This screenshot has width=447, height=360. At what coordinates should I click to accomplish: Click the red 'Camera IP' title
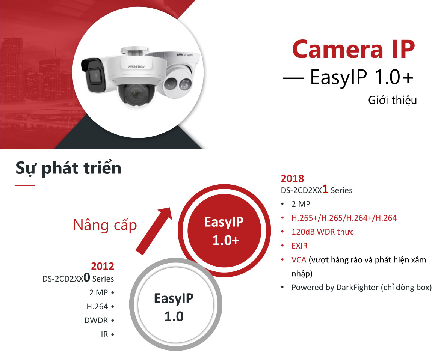353,49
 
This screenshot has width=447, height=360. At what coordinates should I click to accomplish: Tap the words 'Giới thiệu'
392,101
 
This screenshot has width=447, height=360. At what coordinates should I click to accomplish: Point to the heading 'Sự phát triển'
68,168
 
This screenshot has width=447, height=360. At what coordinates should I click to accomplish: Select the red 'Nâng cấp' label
105,225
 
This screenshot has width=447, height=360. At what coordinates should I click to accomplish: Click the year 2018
292,179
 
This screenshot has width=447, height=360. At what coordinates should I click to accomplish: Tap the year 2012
102,266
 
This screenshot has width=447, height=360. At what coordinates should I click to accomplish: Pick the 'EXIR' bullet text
299,246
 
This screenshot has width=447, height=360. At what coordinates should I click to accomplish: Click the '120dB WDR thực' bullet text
322,232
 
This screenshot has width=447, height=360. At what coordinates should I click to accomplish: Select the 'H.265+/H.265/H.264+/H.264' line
344,218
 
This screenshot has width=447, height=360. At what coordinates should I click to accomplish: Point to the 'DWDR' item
96,321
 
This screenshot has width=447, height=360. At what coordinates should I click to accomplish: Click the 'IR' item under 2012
104,334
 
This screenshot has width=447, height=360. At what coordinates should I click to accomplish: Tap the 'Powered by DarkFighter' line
361,288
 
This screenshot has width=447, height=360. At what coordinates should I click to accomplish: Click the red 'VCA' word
299,260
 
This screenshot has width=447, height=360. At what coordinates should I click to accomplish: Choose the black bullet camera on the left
94,75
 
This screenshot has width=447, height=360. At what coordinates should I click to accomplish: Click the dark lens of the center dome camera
136,95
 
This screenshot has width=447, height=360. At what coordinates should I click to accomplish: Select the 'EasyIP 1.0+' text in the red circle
224,231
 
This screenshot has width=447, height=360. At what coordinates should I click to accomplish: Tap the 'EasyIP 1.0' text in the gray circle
174,307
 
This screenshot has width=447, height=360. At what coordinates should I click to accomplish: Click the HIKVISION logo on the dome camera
136,67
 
